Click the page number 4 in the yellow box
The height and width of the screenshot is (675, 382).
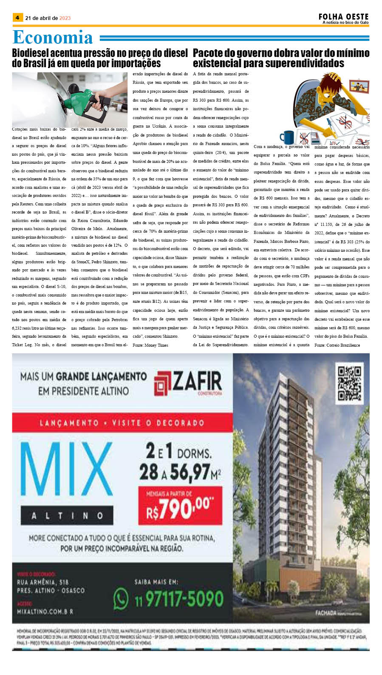tap(17, 18)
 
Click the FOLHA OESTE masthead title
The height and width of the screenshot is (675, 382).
tap(343, 17)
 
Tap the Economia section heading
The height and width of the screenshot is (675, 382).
tap(53, 37)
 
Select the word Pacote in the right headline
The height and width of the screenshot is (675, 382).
tap(208, 53)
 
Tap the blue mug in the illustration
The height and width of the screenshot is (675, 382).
tap(287, 137)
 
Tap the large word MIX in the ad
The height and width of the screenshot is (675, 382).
tap(66, 472)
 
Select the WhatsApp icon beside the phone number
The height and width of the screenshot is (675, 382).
tap(121, 599)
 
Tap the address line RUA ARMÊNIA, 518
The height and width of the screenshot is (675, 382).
tap(42, 582)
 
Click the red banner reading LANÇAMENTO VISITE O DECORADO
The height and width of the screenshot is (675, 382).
tap(122, 423)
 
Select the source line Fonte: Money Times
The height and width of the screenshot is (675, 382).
tap(150, 345)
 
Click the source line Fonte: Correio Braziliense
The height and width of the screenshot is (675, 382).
tap(337, 345)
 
